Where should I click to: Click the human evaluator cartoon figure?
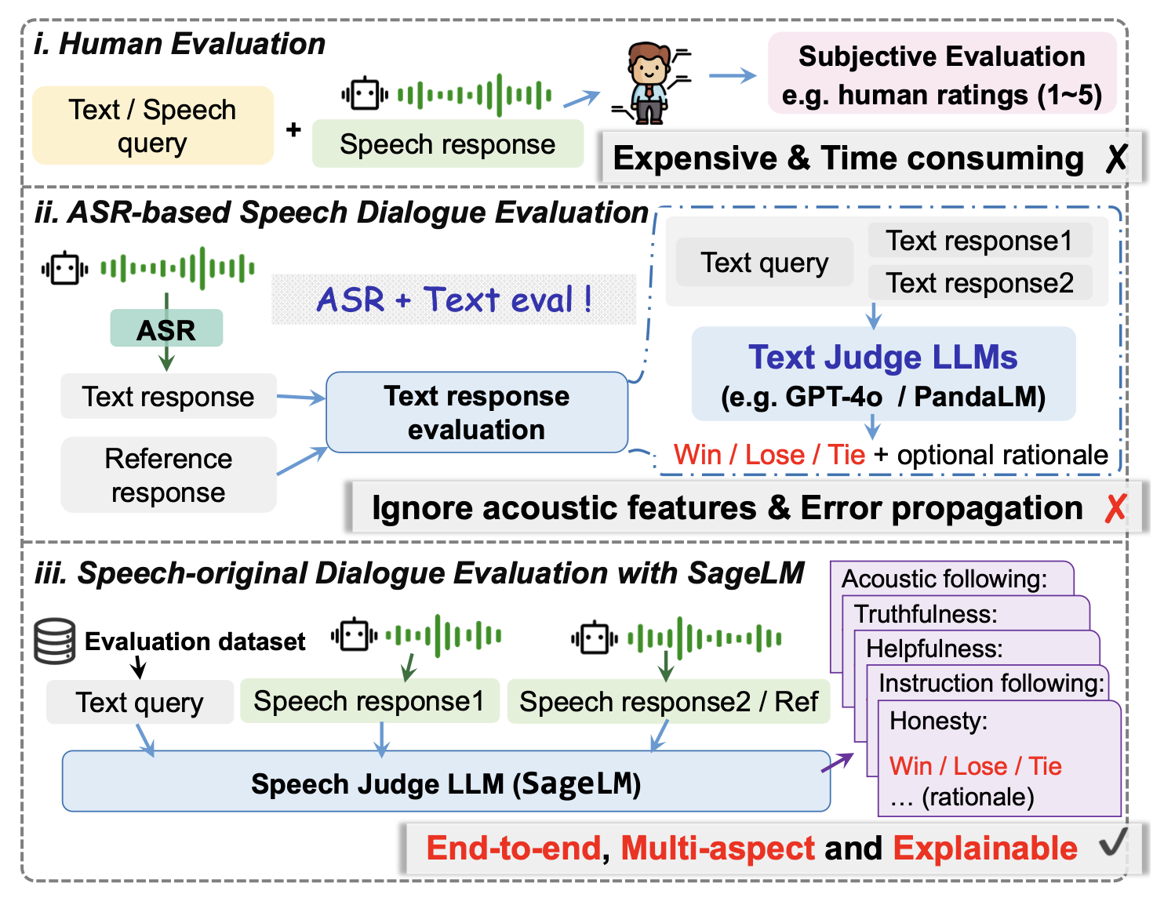click(649, 83)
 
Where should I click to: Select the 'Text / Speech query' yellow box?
click(153, 125)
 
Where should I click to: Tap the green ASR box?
click(166, 329)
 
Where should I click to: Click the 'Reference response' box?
click(168, 475)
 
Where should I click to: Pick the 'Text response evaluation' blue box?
click(476, 413)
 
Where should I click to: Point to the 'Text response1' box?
click(979, 240)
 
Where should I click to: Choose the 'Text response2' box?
click(979, 282)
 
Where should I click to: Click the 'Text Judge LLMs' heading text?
click(882, 357)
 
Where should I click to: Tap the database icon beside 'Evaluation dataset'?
click(54, 641)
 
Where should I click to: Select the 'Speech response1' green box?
click(369, 701)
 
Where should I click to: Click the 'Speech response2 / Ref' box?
click(668, 702)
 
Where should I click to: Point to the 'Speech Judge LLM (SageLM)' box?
click(446, 781)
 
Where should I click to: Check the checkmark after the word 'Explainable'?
click(1112, 841)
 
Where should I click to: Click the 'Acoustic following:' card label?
click(944, 579)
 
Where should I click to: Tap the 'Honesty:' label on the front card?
click(938, 721)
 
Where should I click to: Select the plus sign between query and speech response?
click(293, 129)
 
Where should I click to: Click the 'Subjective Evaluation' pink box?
click(942, 73)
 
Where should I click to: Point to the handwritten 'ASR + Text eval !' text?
click(454, 299)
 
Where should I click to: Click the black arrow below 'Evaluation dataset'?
click(139, 667)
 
